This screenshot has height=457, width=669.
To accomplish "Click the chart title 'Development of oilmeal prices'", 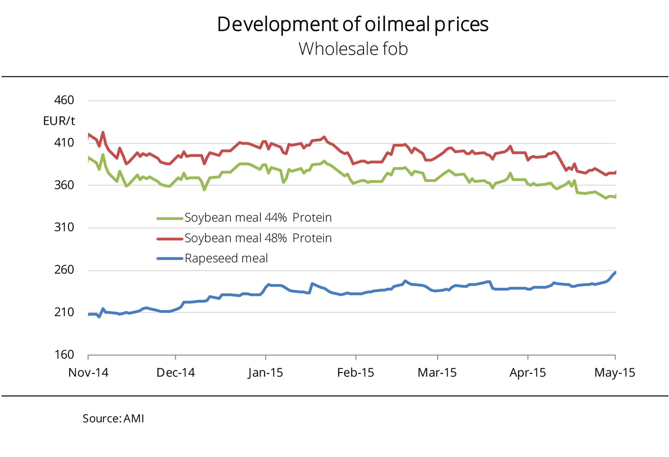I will [352, 24].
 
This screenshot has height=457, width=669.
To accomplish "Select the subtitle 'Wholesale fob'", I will [353, 49].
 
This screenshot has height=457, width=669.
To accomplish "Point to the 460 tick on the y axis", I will [64, 100].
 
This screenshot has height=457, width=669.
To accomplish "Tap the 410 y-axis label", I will [64, 143].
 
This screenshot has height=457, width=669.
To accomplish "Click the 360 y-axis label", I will [64, 185].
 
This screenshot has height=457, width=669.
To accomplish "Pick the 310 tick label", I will [64, 227].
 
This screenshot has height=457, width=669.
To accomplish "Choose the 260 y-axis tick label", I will [64, 270].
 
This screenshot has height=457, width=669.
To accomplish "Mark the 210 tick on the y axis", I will [64, 312].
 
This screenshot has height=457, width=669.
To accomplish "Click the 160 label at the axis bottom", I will [64, 355].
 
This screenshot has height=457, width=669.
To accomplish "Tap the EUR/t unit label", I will [59, 121].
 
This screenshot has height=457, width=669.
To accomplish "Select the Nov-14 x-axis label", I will [88, 372].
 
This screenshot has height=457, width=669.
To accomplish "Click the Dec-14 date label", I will [175, 372].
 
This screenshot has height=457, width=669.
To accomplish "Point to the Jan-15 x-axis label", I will [266, 372].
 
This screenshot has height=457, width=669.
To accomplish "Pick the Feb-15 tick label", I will [355, 372].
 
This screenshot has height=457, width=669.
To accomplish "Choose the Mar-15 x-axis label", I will [437, 372].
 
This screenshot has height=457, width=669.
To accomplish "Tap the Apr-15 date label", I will [528, 372].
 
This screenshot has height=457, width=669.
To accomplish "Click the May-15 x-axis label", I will [615, 372].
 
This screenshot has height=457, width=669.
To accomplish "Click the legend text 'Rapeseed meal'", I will [226, 259].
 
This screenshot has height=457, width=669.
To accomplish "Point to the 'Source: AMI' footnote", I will [113, 418].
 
